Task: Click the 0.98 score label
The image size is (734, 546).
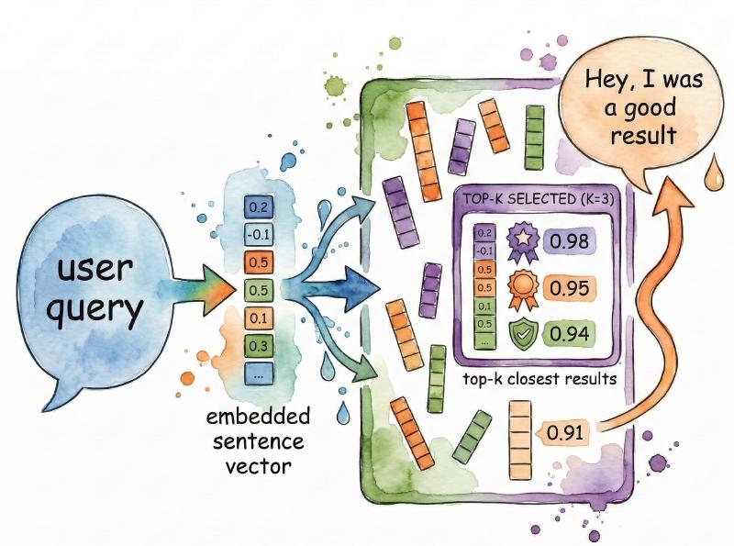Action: pos(569,242)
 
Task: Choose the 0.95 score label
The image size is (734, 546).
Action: pos(569,288)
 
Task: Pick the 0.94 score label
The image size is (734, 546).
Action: pos(569,332)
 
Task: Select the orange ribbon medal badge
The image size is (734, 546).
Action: pos(519,286)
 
